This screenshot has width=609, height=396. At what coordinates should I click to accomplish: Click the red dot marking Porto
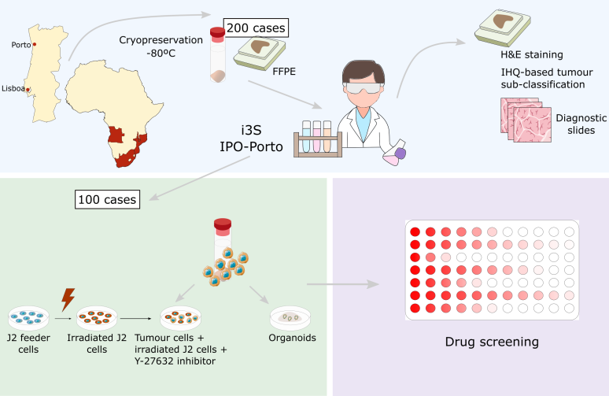pos(34,45)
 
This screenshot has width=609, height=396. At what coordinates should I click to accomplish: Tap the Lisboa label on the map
pos(13,89)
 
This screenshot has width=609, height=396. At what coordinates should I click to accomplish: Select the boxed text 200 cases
pos(256,28)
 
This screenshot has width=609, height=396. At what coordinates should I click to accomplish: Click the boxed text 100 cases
pos(107,199)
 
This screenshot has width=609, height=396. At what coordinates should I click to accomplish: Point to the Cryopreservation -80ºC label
pos(161,46)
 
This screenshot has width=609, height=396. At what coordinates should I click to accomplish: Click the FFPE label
pos(284,72)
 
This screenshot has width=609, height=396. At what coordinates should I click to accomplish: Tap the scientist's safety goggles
pos(364,87)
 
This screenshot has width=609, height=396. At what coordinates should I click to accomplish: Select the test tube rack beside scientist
pos(318,139)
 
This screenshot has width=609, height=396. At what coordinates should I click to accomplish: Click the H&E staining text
pos(532,54)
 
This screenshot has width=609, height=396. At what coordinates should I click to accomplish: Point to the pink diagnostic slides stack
pos(526,120)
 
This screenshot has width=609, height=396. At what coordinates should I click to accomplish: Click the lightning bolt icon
pos(68,299)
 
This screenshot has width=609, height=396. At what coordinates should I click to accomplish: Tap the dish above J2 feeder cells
pos(29,318)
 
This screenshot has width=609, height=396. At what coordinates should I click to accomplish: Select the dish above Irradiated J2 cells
pos(97,318)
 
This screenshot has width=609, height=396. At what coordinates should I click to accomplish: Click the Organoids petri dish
pos(290,318)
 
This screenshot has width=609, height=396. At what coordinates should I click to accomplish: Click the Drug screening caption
pos(492,342)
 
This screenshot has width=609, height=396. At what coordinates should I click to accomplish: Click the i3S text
pos(251,130)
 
